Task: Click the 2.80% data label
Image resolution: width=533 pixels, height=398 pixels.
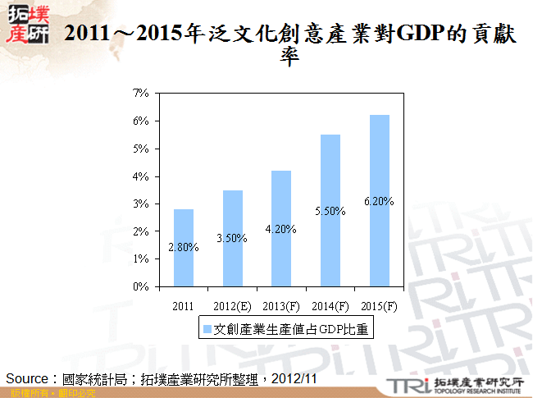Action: (184, 247)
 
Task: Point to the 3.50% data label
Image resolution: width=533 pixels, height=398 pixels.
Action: (232, 238)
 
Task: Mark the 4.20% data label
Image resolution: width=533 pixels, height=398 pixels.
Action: (281, 229)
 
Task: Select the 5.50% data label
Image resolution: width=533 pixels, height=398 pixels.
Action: (330, 211)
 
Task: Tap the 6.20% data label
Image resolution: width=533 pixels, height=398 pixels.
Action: (379, 201)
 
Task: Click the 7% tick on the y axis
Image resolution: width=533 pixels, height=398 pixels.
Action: (141, 94)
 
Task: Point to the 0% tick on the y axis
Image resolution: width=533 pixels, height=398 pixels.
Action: (141, 287)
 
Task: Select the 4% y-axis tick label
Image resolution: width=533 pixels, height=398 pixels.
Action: (141, 176)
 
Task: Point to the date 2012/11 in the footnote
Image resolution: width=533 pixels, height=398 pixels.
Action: (296, 378)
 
